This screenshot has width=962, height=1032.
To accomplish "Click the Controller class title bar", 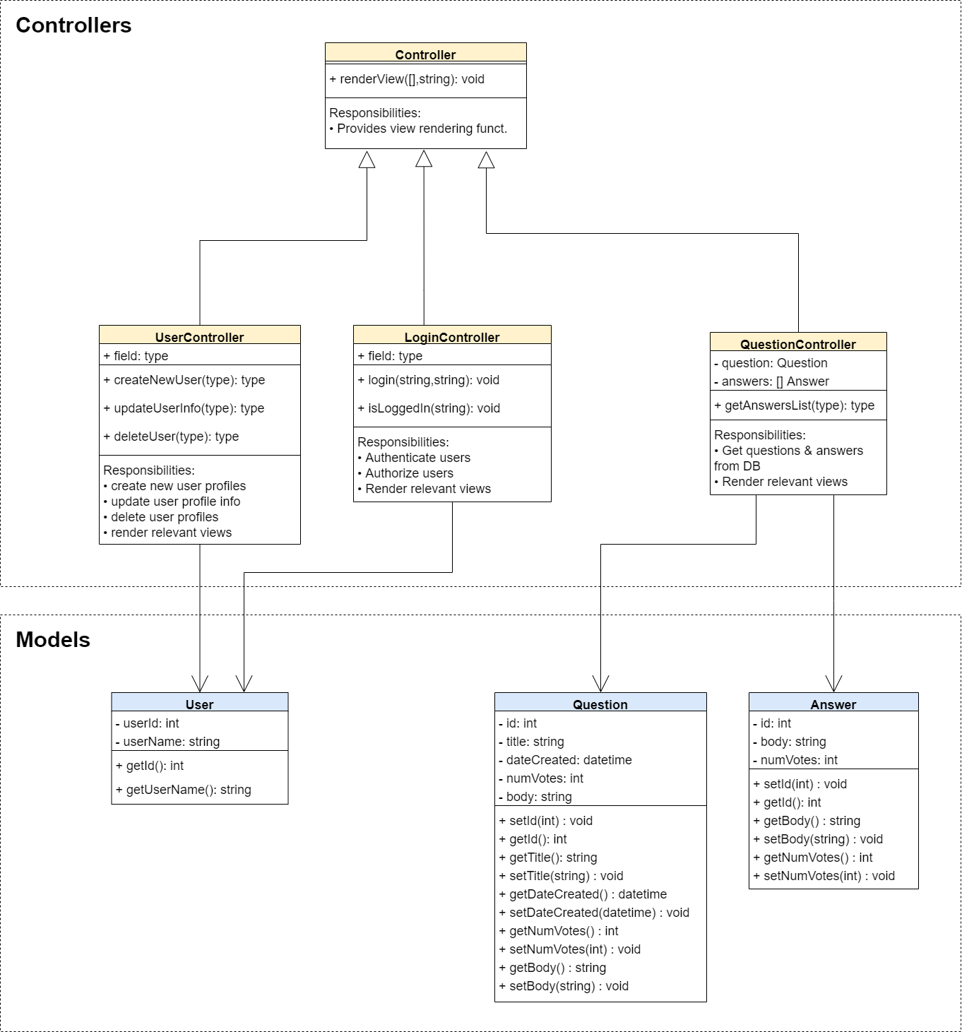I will point(425,54).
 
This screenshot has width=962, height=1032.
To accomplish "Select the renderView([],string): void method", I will point(407,79).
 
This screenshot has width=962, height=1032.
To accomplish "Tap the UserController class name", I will point(199,337).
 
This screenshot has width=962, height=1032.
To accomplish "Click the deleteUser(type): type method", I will point(172,437).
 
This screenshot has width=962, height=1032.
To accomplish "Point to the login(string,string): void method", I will point(429,380).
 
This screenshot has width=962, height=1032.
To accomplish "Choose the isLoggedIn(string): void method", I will point(429,408).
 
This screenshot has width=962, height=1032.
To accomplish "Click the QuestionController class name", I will point(797,344).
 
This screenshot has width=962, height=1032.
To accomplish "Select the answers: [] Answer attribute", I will point(771,381).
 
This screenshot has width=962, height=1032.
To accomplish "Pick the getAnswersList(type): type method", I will point(795,405).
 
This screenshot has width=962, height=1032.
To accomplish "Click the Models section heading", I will point(53,639).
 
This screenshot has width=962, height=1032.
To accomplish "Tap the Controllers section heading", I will point(73,25).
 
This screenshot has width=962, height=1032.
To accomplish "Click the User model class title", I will point(199,704).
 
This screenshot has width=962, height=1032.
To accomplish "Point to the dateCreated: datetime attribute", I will point(565,760).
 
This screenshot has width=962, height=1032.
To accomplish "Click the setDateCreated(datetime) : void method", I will point(594,913).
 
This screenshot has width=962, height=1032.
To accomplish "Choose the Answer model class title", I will point(833,704).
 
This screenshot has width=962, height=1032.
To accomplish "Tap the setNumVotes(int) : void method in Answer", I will point(824,876).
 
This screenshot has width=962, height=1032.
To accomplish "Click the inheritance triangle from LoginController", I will point(424,159).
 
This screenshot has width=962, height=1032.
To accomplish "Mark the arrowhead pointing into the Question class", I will point(600,684).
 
